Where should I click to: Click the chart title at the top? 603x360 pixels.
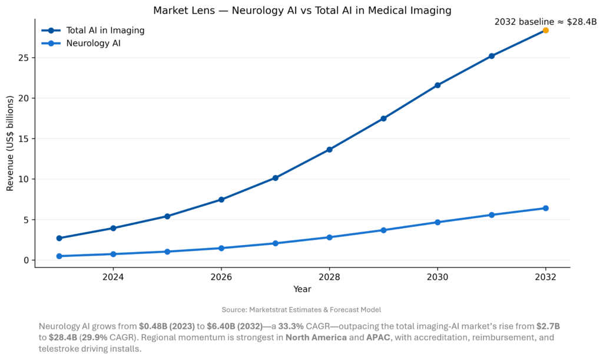point(301,11)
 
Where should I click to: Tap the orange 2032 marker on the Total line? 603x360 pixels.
point(546,30)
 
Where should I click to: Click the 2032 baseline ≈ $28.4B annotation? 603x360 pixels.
point(545,22)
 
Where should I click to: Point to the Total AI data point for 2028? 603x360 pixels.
point(329,150)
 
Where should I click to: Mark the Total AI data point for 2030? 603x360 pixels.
point(438,85)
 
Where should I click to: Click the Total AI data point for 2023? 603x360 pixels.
point(59,238)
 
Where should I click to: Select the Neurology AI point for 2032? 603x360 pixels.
point(546,208)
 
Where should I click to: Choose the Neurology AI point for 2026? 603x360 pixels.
point(221,248)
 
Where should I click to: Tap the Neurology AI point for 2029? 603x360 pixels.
point(383,230)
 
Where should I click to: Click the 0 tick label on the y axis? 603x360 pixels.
point(26,260)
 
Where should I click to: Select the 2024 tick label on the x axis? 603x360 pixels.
point(113,276)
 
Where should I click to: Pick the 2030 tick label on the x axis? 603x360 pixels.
point(438,276)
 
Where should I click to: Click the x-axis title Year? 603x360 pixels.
point(302,289)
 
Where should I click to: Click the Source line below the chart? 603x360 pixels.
point(301,309)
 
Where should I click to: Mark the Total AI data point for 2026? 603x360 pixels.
point(221,200)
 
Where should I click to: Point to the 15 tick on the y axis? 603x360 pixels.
point(24,139)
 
